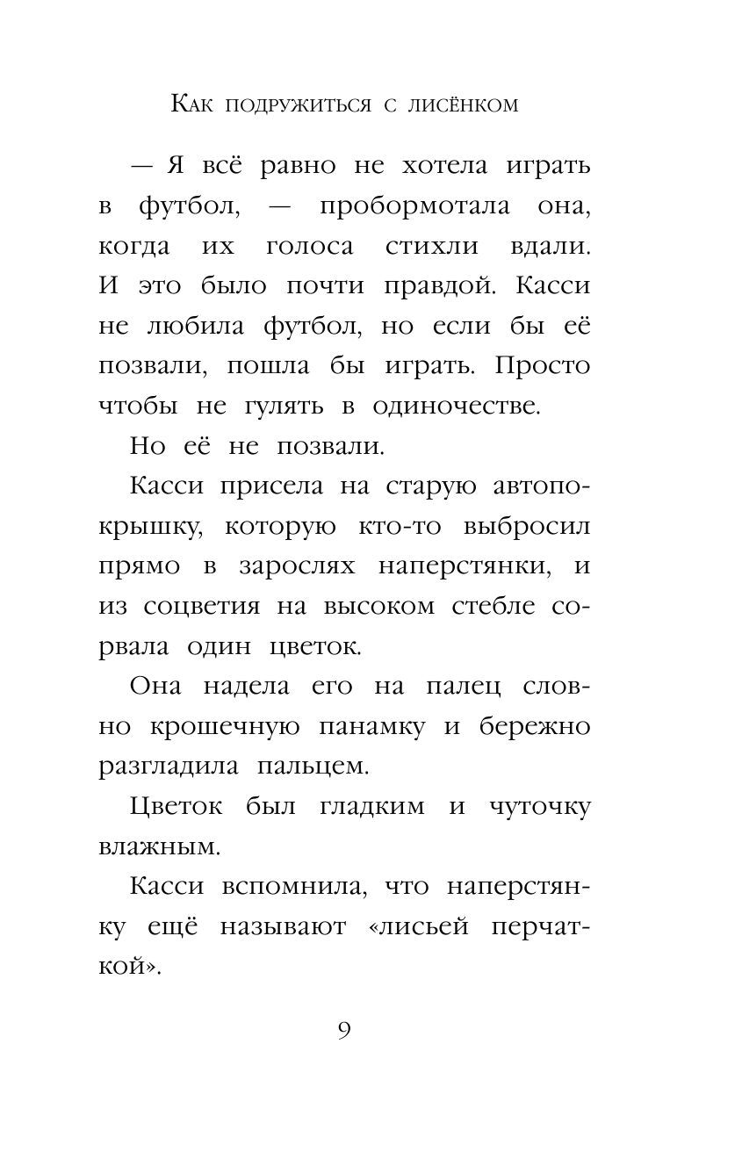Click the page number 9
click(343, 1031)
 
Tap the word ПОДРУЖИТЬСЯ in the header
click(290, 105)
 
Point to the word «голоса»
click(309, 247)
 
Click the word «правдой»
click(445, 287)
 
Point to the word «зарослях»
click(297, 566)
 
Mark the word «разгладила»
click(168, 767)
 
